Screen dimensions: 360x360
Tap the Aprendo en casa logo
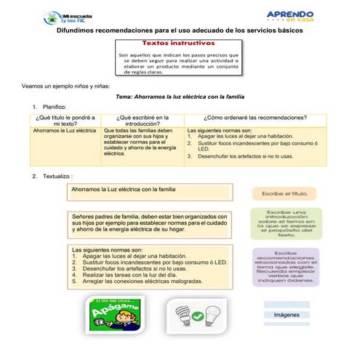(x=290, y=17)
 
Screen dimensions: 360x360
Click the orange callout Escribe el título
(x=284, y=193)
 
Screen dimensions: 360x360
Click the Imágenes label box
(x=286, y=315)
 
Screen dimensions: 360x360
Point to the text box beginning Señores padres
(x=150, y=224)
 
